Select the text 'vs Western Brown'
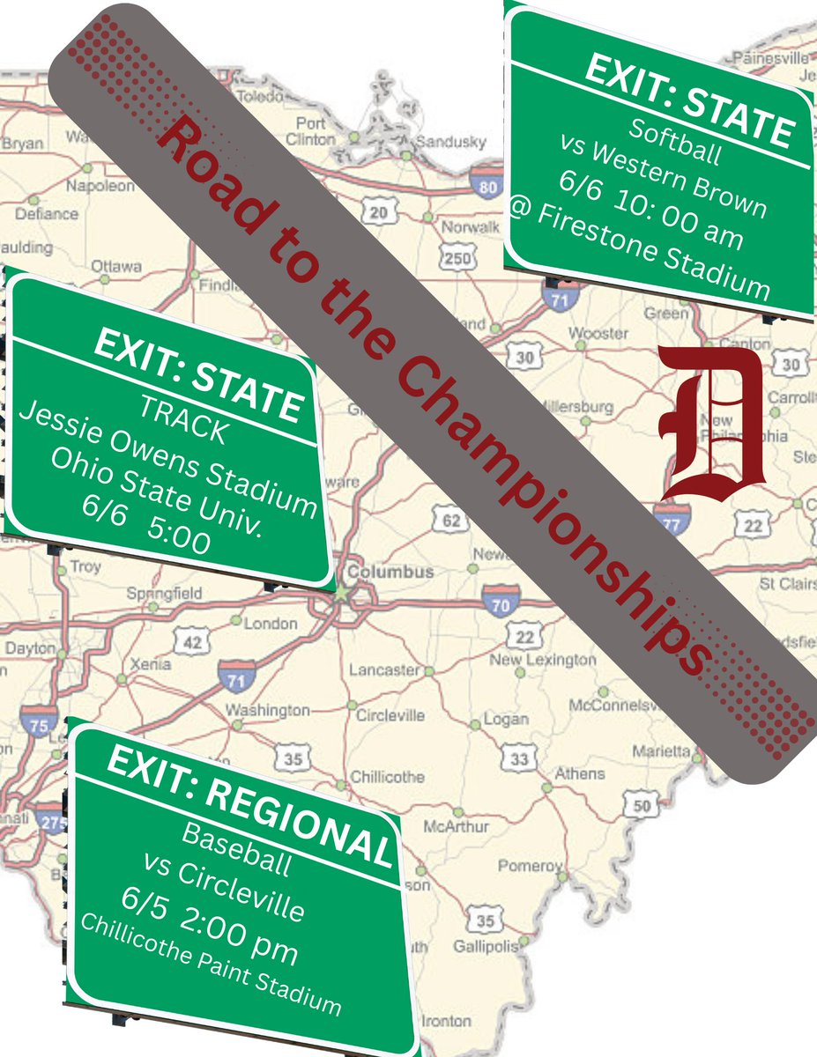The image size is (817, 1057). (665, 176)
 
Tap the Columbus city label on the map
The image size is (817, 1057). (390, 572)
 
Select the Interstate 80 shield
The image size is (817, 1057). (489, 184)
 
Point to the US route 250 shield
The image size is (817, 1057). (457, 258)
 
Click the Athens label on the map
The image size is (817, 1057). (579, 773)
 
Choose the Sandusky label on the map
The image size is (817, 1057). (449, 141)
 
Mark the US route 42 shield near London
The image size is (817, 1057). (191, 642)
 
